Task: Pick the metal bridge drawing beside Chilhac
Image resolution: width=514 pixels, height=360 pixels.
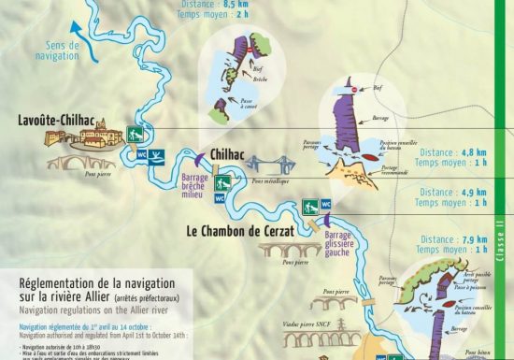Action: [x=270, y=164]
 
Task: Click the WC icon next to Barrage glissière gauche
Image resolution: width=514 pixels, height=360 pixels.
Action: [x=327, y=204]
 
